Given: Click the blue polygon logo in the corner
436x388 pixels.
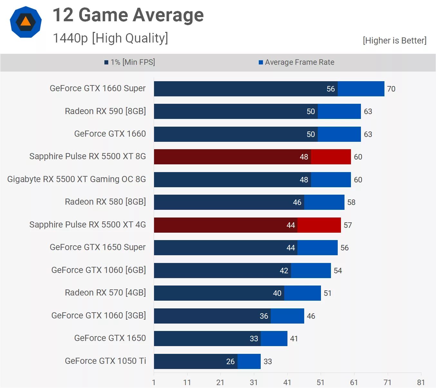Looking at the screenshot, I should (x=26, y=22).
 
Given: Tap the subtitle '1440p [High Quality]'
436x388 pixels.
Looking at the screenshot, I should (x=110, y=38).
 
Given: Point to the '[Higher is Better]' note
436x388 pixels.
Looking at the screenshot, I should (x=394, y=41).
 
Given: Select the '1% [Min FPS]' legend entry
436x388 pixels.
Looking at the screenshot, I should (x=130, y=62).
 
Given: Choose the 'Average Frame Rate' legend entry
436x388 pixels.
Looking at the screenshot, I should (x=296, y=62).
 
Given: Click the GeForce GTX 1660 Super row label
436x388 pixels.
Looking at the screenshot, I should (x=98, y=88).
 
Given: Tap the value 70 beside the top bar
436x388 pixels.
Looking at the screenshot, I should (x=391, y=89).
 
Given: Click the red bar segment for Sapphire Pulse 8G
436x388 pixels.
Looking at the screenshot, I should (x=331, y=157).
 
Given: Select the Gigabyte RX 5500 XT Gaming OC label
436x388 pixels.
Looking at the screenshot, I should (x=76, y=179).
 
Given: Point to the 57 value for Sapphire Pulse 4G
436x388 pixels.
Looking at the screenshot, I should (x=348, y=225).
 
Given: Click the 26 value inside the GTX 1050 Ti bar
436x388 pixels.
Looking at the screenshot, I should (x=230, y=362).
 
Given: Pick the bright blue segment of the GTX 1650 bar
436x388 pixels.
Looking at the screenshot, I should (x=274, y=339).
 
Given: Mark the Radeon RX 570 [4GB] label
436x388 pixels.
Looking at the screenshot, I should (x=105, y=293).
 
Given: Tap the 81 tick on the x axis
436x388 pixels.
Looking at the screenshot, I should (x=421, y=383).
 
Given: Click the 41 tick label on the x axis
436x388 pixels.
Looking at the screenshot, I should (x=287, y=383).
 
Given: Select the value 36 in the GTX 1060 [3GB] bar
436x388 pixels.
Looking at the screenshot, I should (x=264, y=316).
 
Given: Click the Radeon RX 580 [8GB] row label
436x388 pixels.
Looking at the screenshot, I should (x=105, y=202).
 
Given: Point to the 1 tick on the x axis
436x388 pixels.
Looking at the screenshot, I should (x=154, y=383).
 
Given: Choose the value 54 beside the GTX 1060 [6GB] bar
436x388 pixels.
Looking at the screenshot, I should (x=338, y=271).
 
